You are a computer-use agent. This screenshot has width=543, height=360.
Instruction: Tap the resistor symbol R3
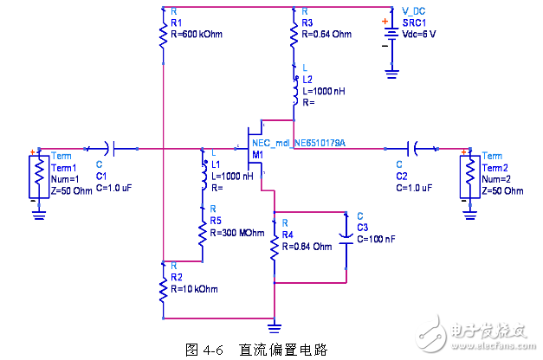(294, 35)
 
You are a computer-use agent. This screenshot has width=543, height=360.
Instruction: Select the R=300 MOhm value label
(236, 234)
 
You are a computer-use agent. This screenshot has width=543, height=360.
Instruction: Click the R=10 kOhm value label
(194, 288)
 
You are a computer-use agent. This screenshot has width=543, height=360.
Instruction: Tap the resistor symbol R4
(275, 247)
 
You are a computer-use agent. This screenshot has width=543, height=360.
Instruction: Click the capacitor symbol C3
(346, 243)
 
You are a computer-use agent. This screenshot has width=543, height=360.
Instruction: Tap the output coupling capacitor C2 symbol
(415, 149)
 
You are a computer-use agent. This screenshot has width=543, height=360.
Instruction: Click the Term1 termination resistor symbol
(37, 173)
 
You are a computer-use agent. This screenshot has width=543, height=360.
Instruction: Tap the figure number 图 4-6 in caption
(205, 350)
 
